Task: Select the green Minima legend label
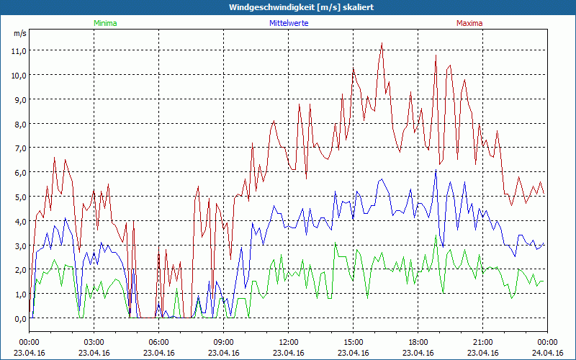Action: tap(105, 23)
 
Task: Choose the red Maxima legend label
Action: tap(469, 23)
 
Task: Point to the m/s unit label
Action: tap(19, 33)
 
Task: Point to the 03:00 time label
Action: tap(94, 342)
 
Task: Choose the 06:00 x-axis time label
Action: tap(159, 342)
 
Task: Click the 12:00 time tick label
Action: tap(289, 342)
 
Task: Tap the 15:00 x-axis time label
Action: tap(354, 342)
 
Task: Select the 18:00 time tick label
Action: tap(418, 342)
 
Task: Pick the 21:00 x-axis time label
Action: tap(483, 342)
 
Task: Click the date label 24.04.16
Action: tap(547, 353)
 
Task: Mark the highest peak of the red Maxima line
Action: tap(382, 43)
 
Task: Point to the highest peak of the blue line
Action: tap(436, 171)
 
